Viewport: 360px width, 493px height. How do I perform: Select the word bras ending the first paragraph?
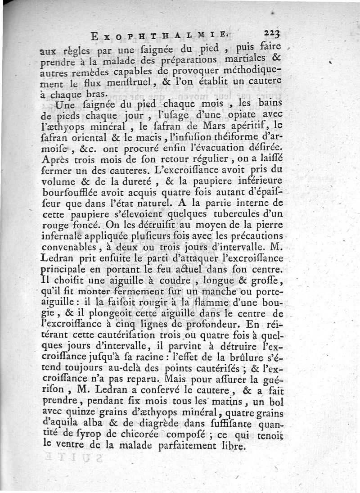pos(95,95)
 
